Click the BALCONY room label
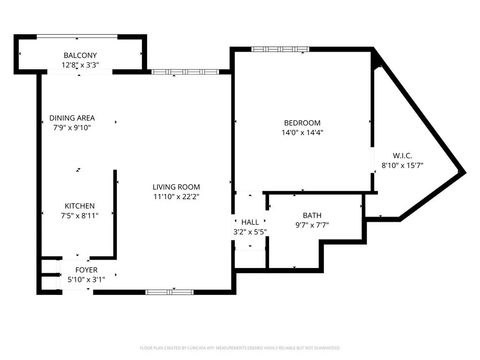(80, 55)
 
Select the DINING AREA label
(72, 118)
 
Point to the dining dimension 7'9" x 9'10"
(72, 128)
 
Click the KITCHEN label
(80, 205)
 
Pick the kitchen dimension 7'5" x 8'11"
(80, 215)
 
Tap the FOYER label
(87, 270)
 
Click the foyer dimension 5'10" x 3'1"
(87, 280)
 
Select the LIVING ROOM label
(176, 187)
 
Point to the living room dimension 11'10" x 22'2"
(176, 197)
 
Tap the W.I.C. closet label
(389, 156)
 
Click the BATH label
(312, 215)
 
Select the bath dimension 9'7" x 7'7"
(312, 225)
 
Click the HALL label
(249, 222)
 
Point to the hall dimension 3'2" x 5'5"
(249, 232)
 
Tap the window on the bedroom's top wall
(272, 48)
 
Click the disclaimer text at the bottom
(239, 347)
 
